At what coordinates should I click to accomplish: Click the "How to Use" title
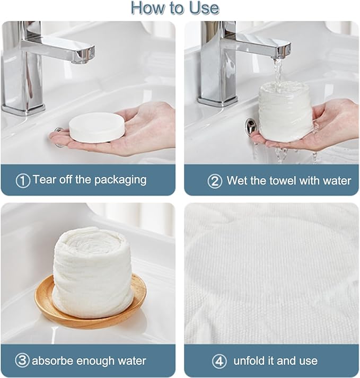(x=175, y=8)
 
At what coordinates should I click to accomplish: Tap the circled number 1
(x=23, y=181)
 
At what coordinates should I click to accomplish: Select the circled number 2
(x=215, y=181)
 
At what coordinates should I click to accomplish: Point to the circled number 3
(x=22, y=360)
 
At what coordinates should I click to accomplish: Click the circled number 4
(x=219, y=361)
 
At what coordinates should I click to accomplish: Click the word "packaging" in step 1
(x=120, y=180)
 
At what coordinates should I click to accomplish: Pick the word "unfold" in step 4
(x=249, y=361)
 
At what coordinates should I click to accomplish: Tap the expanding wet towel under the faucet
(x=286, y=111)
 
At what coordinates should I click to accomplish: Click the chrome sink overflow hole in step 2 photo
(x=251, y=126)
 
